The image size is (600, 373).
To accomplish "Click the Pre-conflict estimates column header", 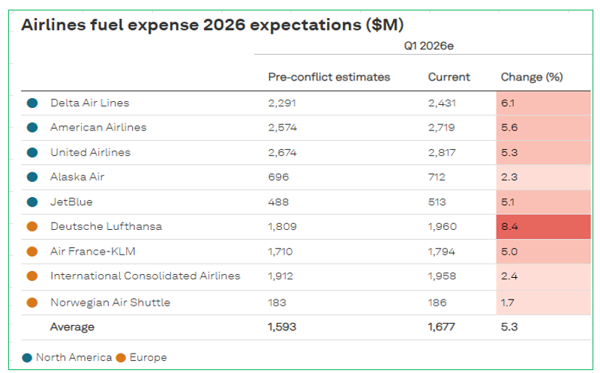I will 328,77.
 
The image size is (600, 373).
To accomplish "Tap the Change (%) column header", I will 532,77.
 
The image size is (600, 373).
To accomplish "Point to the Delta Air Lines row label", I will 90,103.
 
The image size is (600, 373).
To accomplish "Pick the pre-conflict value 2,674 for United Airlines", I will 283,153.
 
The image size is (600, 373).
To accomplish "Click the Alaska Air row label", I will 77,178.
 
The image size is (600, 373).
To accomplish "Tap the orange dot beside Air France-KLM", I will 32,252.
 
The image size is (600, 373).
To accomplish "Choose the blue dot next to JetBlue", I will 32,202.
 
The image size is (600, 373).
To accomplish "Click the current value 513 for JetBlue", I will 437,202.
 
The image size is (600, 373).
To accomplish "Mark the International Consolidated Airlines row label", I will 145,276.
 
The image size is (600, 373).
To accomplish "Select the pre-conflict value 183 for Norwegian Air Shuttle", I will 277,303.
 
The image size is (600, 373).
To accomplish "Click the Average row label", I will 72,327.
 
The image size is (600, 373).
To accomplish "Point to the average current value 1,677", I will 442,327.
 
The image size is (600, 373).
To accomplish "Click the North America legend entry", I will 67,358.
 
